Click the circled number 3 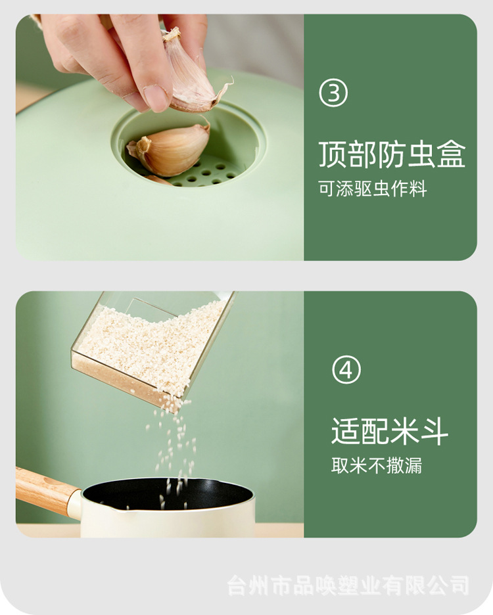333,94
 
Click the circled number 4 346,371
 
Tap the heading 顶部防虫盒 392,154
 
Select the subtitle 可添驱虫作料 373,190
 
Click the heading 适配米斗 390,432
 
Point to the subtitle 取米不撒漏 376,466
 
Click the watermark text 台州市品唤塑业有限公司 348,584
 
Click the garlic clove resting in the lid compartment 170,149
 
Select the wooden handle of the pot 43,490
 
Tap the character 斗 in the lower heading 434,432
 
